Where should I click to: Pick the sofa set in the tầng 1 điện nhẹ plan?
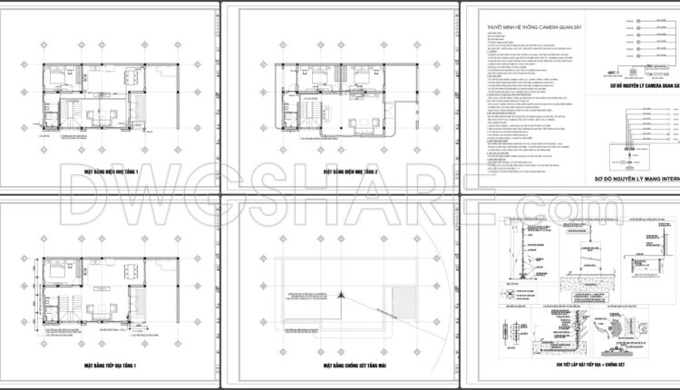click(102, 114)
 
